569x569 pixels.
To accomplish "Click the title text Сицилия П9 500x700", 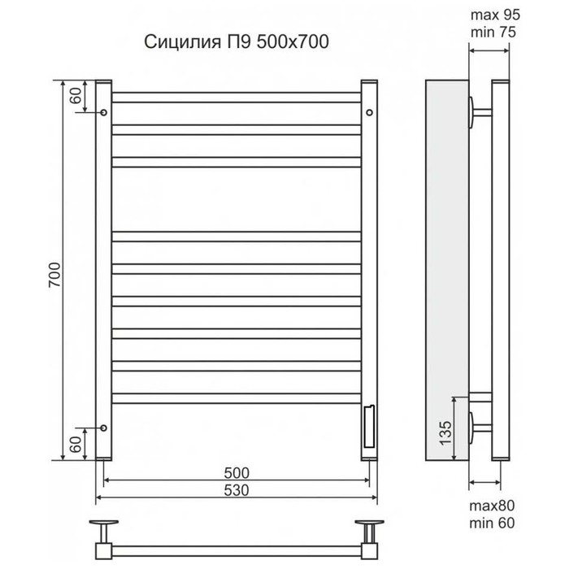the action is click(237, 41).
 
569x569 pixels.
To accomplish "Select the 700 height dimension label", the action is click(54, 275).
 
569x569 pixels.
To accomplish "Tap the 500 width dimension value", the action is click(237, 473).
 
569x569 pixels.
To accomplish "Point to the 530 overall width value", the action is click(237, 490).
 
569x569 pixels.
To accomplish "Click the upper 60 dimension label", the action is click(76, 96).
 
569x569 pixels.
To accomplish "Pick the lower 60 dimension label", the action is click(76, 444).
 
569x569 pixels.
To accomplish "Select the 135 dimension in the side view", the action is click(445, 432).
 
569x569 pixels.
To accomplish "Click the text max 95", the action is click(495, 15).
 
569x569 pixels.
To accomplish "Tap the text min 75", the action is click(493, 32).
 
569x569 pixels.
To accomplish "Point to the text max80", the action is click(492, 506).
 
